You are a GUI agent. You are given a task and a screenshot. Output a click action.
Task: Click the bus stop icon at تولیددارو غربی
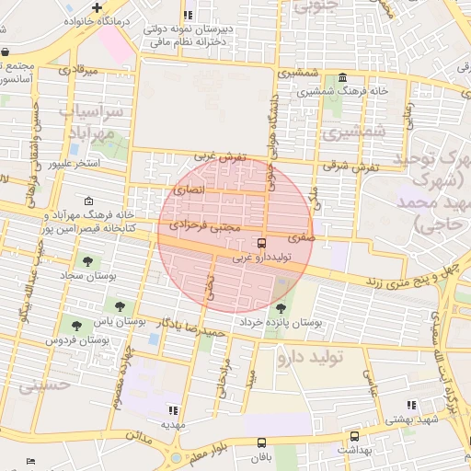pyautogui.click(x=262, y=245)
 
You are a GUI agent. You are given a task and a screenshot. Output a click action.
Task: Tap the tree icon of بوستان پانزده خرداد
pyautogui.click(x=280, y=308)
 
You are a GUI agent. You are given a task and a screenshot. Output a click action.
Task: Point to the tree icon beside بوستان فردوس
pyautogui.click(x=75, y=325)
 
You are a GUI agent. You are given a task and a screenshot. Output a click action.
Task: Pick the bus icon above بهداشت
pyautogui.click(x=354, y=436)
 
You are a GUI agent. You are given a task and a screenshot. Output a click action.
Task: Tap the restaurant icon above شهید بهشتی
pyautogui.click(x=410, y=405)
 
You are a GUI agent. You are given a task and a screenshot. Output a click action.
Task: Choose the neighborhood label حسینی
pyautogui.click(x=44, y=386)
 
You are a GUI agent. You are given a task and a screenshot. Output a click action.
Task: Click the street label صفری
pyautogui.click(x=301, y=237)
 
